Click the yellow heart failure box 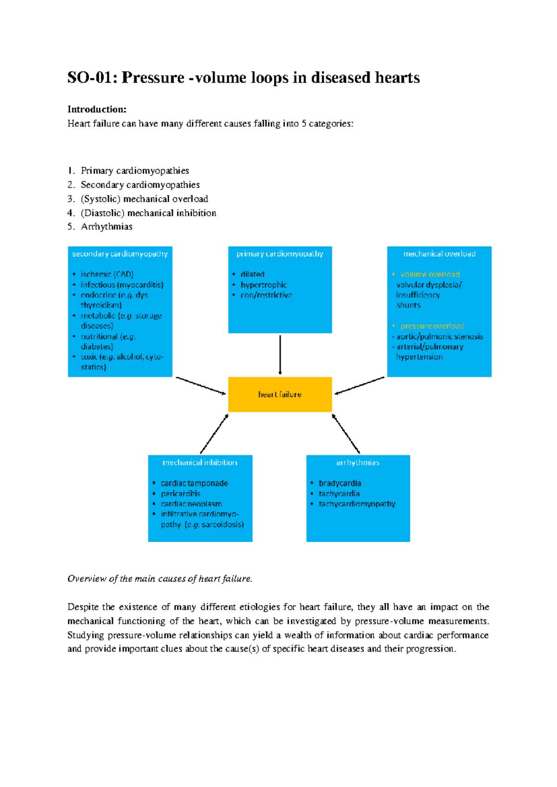tap(280, 394)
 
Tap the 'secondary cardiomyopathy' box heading tap(120, 254)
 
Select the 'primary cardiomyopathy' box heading tap(280, 254)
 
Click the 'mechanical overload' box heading tap(439, 254)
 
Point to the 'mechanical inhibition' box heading tap(200, 462)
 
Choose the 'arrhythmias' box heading tap(358, 463)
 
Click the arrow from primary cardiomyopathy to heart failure tap(280, 355)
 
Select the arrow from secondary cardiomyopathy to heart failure tap(201, 386)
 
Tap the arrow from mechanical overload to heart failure tap(360, 386)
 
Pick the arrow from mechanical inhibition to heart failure tap(214, 433)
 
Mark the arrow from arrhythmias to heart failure tap(346, 433)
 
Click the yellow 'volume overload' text tap(430, 274)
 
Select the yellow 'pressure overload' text tap(432, 326)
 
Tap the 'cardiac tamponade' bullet tap(194, 483)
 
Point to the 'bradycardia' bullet tap(340, 483)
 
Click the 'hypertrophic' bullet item tap(264, 285)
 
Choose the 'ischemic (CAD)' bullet tap(107, 274)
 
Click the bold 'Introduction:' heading tap(97, 109)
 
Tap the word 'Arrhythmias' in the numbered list tap(106, 226)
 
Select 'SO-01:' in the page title tap(92, 77)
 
